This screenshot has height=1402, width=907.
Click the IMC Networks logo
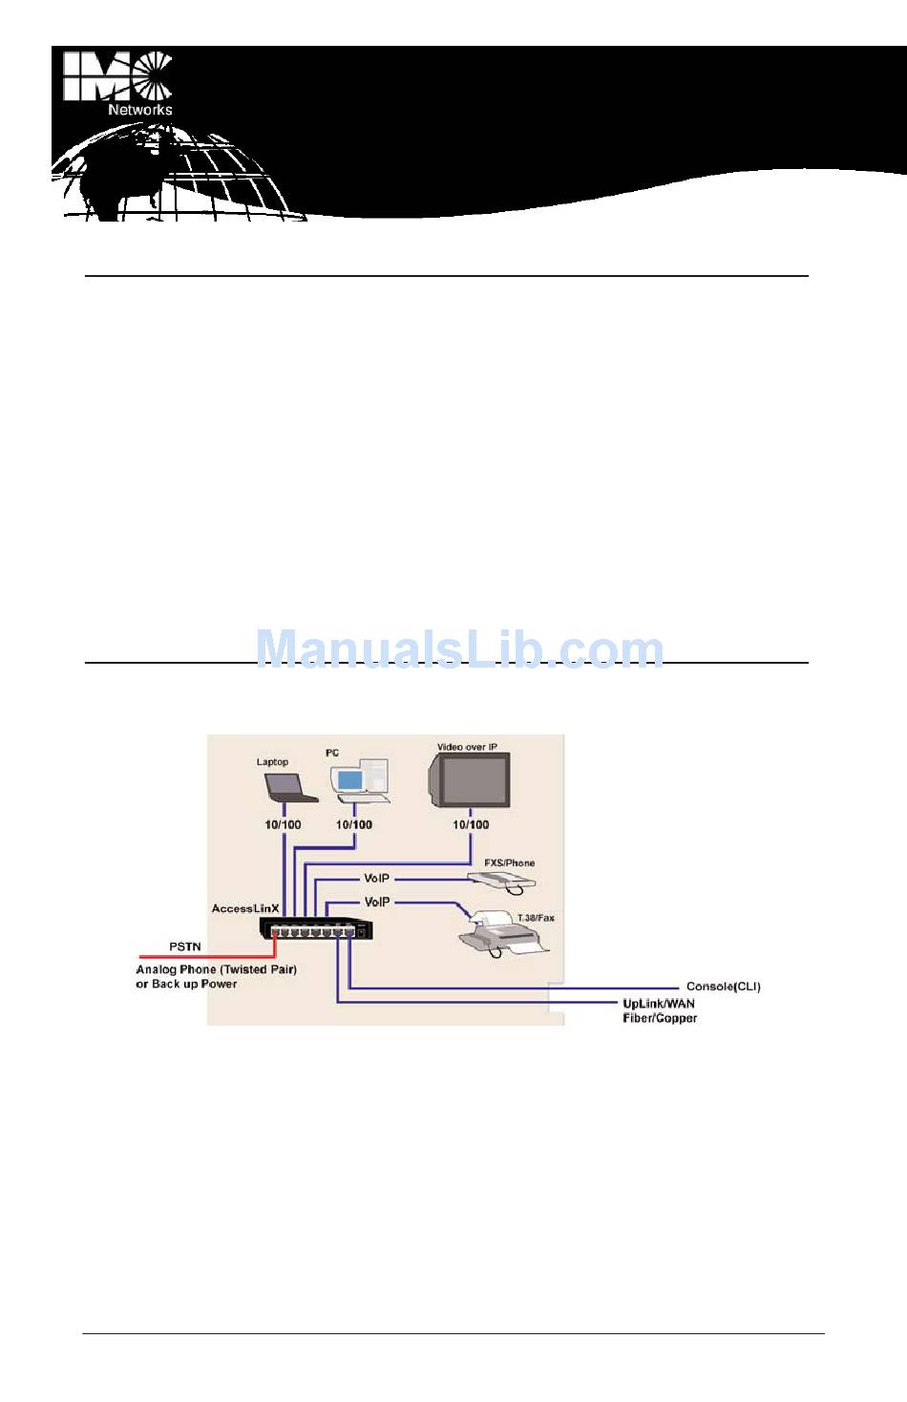(x=117, y=82)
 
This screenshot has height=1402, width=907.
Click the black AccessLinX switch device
(x=314, y=929)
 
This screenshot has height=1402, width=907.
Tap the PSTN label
(x=185, y=946)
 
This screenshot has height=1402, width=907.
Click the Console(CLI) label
(x=723, y=987)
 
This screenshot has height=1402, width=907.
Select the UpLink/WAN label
(x=659, y=1004)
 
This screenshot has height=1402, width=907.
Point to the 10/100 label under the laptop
(x=283, y=824)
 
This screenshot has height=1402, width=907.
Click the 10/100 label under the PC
(x=354, y=824)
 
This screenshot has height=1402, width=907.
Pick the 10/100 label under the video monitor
(x=471, y=824)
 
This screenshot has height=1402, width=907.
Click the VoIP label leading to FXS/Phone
(x=377, y=878)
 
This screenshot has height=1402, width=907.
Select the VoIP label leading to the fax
(x=377, y=902)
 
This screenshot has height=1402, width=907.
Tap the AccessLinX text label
(x=244, y=908)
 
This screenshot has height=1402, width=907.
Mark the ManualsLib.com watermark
(x=459, y=649)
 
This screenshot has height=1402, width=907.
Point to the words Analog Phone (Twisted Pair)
(x=216, y=969)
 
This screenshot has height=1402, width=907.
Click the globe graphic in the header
(x=181, y=177)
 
